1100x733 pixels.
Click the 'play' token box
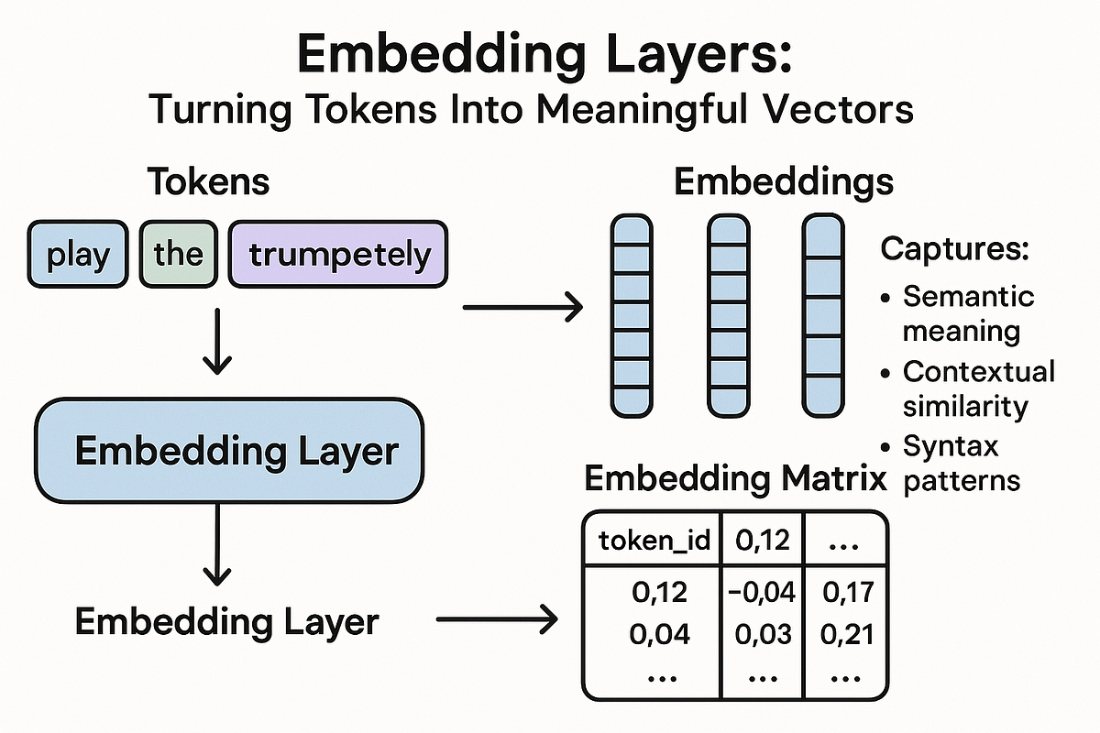coord(77,254)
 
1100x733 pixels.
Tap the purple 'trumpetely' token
coord(338,254)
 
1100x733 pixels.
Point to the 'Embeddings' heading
coord(784,181)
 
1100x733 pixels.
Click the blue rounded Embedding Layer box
coord(228,451)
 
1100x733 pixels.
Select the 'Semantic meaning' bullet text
coord(967,312)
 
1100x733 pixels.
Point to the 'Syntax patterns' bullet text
coord(960,464)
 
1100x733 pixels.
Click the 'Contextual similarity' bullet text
coord(977,388)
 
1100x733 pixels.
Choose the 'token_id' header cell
coord(654,541)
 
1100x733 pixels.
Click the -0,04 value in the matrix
coord(762,594)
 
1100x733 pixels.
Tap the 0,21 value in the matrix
coord(845,634)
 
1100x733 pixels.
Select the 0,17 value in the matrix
coord(845,594)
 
